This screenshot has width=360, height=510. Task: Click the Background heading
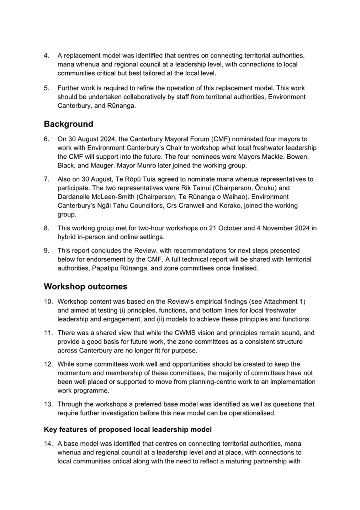68,124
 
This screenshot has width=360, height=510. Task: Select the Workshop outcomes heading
85,286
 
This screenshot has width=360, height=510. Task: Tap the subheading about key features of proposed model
128,430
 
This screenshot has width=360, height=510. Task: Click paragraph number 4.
46,56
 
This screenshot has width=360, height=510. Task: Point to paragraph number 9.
46,251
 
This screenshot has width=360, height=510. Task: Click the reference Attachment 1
284,301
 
